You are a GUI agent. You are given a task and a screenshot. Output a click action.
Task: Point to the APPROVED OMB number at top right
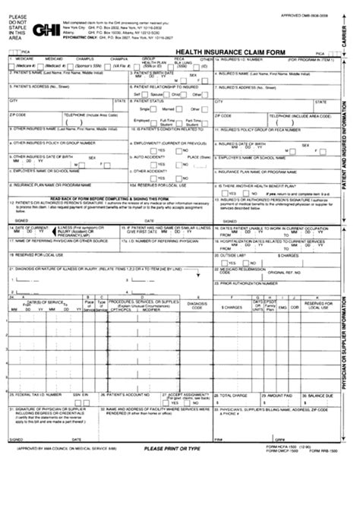[322, 14]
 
